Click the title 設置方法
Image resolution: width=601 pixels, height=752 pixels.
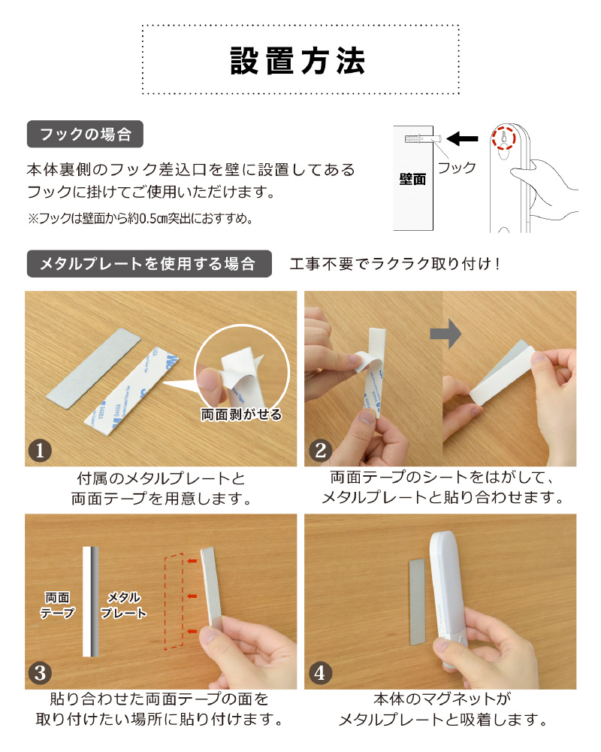[297, 61]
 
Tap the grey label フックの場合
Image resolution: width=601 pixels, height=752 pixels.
[86, 135]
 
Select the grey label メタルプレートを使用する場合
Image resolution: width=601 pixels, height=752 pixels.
[149, 264]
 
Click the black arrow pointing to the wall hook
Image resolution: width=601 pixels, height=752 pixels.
[462, 139]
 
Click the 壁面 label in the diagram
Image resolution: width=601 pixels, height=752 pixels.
[412, 180]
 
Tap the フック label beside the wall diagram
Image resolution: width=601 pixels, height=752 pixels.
[457, 168]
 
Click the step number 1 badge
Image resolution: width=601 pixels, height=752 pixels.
[40, 450]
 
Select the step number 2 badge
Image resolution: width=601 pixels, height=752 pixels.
[320, 450]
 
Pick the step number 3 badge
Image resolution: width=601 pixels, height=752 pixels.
[40, 673]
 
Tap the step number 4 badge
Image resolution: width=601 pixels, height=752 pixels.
[320, 673]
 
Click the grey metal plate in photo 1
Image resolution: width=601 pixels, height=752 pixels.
[93, 368]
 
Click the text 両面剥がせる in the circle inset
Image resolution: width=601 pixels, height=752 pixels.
[241, 414]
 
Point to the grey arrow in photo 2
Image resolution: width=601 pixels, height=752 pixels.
[445, 333]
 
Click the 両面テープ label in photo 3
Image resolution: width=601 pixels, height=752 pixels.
[58, 605]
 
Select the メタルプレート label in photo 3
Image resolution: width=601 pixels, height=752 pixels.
[123, 605]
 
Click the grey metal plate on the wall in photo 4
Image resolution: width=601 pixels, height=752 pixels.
[417, 602]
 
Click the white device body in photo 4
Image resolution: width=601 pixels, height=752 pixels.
[447, 599]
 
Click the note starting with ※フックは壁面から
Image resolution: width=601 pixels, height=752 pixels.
[140, 219]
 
